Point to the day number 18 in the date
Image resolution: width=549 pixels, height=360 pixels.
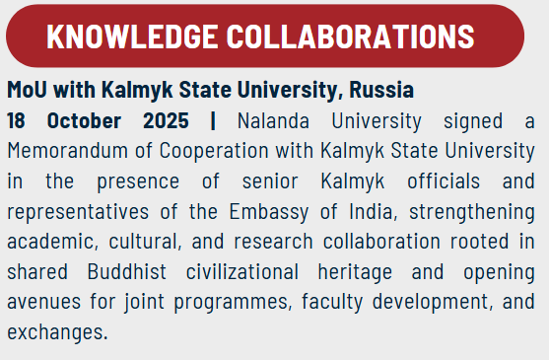pos(17,121)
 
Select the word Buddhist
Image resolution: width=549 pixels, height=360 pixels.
pos(109,272)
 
